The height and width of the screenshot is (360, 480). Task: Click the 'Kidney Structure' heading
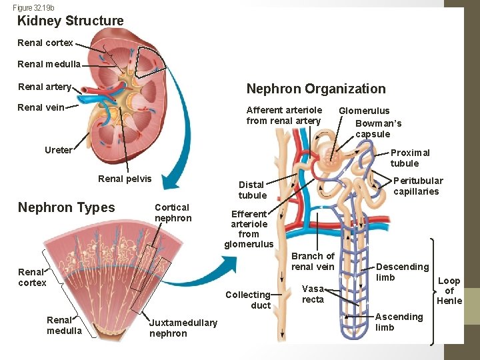pyautogui.click(x=70, y=21)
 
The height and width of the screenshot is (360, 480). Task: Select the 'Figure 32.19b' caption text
pyautogui.click(x=33, y=7)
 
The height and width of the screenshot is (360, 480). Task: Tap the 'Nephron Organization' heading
pyautogui.click(x=316, y=89)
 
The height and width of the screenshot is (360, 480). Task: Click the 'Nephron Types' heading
pyautogui.click(x=66, y=207)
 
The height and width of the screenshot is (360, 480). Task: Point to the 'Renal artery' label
pyautogui.click(x=44, y=87)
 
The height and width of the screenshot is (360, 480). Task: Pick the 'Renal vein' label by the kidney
pyautogui.click(x=41, y=107)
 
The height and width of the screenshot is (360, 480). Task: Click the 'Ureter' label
pyautogui.click(x=58, y=150)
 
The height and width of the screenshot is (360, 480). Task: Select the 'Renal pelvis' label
pyautogui.click(x=125, y=179)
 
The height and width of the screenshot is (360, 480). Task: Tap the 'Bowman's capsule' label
pyautogui.click(x=378, y=129)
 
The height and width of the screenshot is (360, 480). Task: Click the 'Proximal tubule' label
pyautogui.click(x=410, y=158)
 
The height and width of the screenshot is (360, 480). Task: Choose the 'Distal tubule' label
pyautogui.click(x=252, y=190)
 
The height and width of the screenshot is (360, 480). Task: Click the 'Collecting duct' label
pyautogui.click(x=248, y=300)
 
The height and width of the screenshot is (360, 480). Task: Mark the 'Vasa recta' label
pyautogui.click(x=313, y=294)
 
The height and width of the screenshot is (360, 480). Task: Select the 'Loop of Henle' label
pyautogui.click(x=449, y=291)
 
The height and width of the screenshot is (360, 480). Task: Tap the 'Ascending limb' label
pyautogui.click(x=399, y=322)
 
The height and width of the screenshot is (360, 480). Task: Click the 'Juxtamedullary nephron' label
pyautogui.click(x=183, y=328)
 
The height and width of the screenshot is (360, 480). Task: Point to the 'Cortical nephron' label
pyautogui.click(x=173, y=213)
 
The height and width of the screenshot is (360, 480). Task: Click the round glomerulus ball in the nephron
pyautogui.click(x=331, y=159)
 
